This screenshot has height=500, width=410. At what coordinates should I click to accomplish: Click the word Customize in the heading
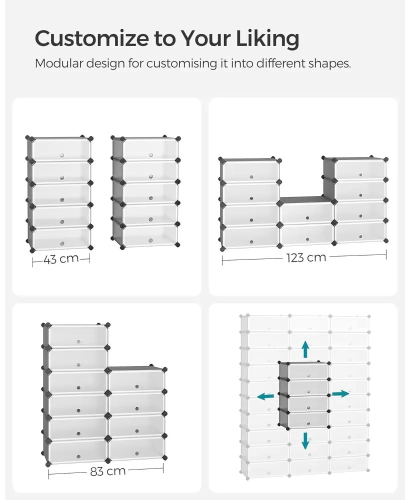click(x=91, y=38)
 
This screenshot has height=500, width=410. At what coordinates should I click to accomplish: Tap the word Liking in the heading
click(x=267, y=39)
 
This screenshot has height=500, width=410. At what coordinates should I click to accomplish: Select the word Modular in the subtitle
click(x=58, y=63)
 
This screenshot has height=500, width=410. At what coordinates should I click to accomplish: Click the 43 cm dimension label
click(x=61, y=259)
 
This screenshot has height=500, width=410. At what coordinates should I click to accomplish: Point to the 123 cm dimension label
click(x=306, y=257)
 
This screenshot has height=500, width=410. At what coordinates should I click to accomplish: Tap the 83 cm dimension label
click(x=108, y=471)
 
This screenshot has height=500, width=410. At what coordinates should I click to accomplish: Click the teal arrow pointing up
click(x=305, y=349)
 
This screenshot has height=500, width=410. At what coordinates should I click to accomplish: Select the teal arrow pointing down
click(x=305, y=440)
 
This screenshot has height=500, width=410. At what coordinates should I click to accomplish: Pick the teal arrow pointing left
click(x=265, y=396)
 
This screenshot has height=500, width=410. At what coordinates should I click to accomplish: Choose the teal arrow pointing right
click(x=340, y=393)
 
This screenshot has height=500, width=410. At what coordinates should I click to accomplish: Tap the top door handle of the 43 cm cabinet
click(x=62, y=155)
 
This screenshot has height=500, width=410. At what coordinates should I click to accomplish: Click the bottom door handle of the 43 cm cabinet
click(x=62, y=243)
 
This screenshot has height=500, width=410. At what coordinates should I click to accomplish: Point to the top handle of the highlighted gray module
click(x=308, y=375)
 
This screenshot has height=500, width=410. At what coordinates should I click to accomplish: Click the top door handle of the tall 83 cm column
click(x=78, y=341)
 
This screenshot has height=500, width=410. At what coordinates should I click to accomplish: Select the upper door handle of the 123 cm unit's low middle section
click(x=307, y=218)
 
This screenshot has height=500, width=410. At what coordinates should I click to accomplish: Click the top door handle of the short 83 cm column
click(x=137, y=386)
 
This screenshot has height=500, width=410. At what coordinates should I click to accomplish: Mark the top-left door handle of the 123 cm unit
click(x=251, y=176)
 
